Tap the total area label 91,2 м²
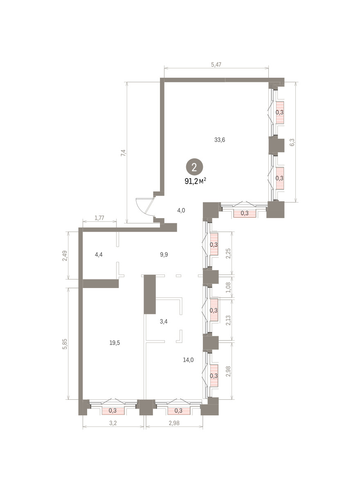click(x=196, y=181)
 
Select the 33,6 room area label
click(x=220, y=140)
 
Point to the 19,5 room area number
click(x=115, y=342)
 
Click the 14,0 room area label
click(x=188, y=360)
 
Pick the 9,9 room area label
click(x=164, y=255)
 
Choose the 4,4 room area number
click(x=99, y=255)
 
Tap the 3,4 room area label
click(x=164, y=322)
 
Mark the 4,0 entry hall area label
click(x=181, y=210)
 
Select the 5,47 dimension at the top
click(x=216, y=65)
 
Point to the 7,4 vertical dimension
click(x=124, y=153)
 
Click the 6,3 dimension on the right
click(x=292, y=142)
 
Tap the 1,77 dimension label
click(x=99, y=218)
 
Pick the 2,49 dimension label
click(x=65, y=256)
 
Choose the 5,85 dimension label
click(x=65, y=344)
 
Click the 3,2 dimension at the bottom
click(x=113, y=423)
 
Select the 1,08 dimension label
click(x=228, y=287)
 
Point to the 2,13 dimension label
click(x=228, y=320)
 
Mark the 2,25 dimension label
click(x=228, y=253)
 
